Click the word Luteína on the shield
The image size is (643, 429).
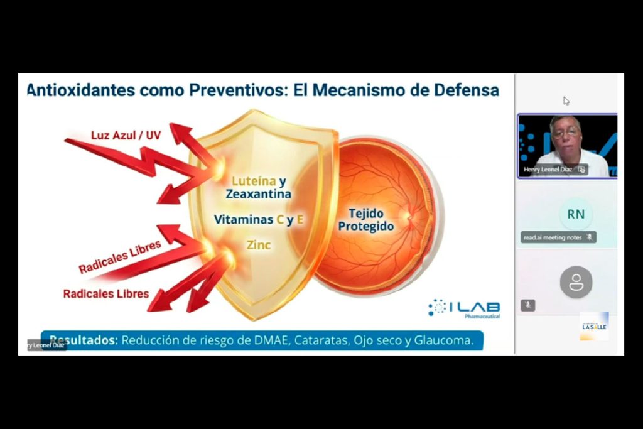coord(253,182)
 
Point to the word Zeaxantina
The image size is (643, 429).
coord(258,195)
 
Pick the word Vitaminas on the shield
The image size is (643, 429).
coord(244,220)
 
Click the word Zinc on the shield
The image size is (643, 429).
coord(258,244)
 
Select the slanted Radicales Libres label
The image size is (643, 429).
coord(119,257)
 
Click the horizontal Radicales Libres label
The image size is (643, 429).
coord(106,293)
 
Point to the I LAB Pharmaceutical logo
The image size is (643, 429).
coord(464,308)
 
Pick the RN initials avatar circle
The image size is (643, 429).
coord(576,214)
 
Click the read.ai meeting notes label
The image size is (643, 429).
coord(553,237)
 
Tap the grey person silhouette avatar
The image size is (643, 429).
coord(576,282)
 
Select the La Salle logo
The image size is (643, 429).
coord(593,326)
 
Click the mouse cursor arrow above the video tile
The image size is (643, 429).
coord(566,100)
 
